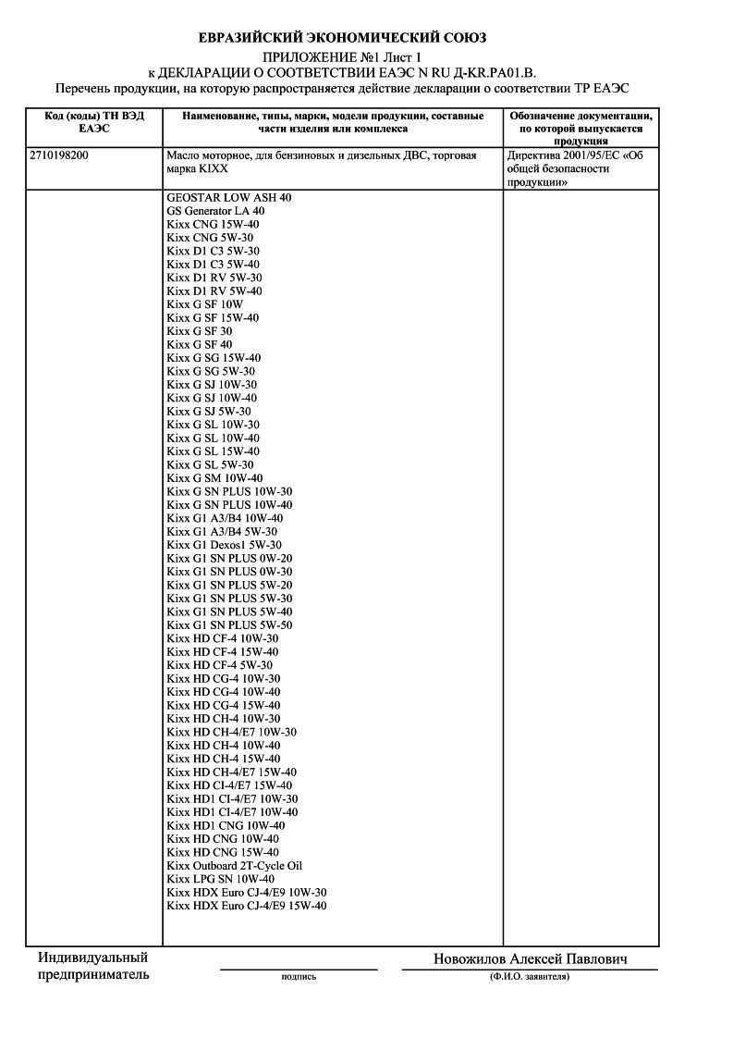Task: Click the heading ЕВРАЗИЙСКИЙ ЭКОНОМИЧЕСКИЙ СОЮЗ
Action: coord(343,38)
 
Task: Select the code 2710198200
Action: coord(60,156)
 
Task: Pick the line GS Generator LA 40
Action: coord(215,211)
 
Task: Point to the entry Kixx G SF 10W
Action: coord(205,304)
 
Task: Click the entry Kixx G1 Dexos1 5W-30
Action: coord(225,545)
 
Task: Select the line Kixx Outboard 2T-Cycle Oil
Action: coord(235,866)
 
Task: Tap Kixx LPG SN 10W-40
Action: coord(221,879)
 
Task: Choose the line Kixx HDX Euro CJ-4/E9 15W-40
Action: coord(247,906)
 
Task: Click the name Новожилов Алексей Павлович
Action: coord(531,959)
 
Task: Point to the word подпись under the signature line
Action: coord(298,976)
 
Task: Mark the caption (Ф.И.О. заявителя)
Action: coord(530,976)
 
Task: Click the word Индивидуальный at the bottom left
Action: coord(93,958)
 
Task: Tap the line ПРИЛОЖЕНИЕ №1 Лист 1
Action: coord(342,57)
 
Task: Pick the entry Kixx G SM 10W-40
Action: coord(215,478)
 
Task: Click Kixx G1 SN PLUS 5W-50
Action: coord(230,625)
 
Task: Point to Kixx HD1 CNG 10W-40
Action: coord(226,825)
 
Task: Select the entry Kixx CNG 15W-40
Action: coord(214,224)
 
